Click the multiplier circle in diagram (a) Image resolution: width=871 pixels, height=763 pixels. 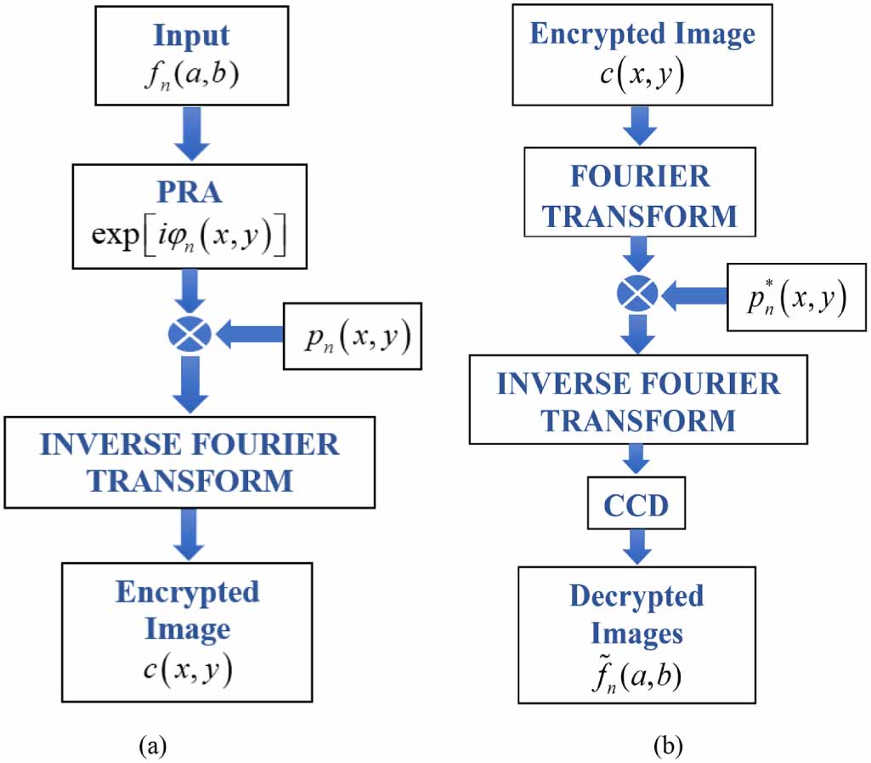point(189,337)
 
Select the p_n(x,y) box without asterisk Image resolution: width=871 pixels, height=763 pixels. point(352,336)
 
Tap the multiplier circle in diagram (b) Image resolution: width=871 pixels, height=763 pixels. point(637,295)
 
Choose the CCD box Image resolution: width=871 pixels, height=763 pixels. point(636,506)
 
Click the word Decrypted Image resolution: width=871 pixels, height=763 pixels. point(636,596)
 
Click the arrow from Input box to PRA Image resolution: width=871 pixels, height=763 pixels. point(190,130)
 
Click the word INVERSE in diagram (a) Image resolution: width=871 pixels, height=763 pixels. point(102,444)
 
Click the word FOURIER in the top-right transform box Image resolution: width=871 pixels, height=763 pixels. point(640,177)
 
